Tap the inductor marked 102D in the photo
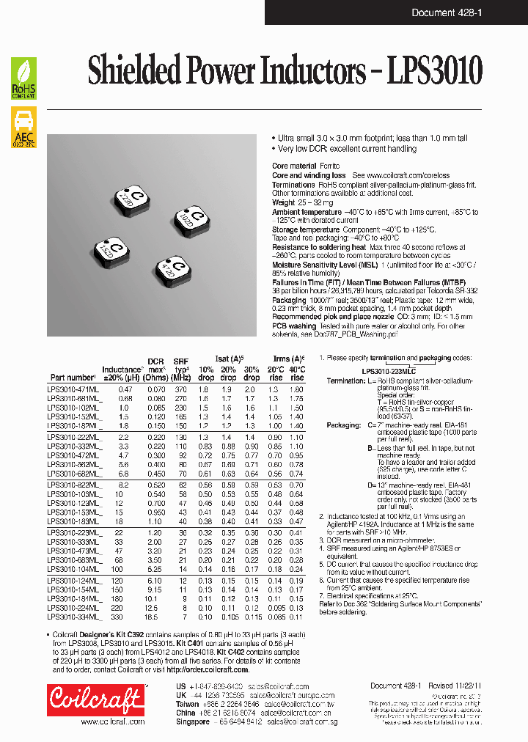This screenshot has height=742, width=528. [193, 219]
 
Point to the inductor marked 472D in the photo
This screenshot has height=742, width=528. [174, 271]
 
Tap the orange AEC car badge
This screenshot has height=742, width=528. [24, 127]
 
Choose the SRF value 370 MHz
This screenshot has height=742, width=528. [180, 389]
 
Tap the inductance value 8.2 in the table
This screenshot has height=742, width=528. [125, 485]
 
